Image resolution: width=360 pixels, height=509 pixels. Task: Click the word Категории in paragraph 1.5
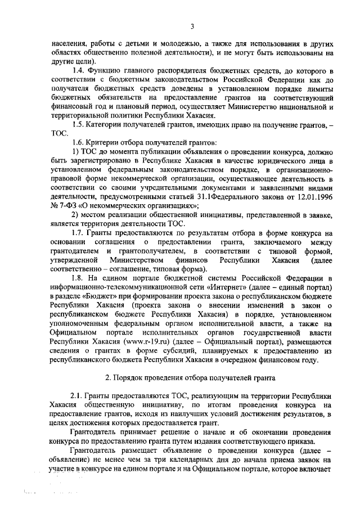point(109,123)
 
